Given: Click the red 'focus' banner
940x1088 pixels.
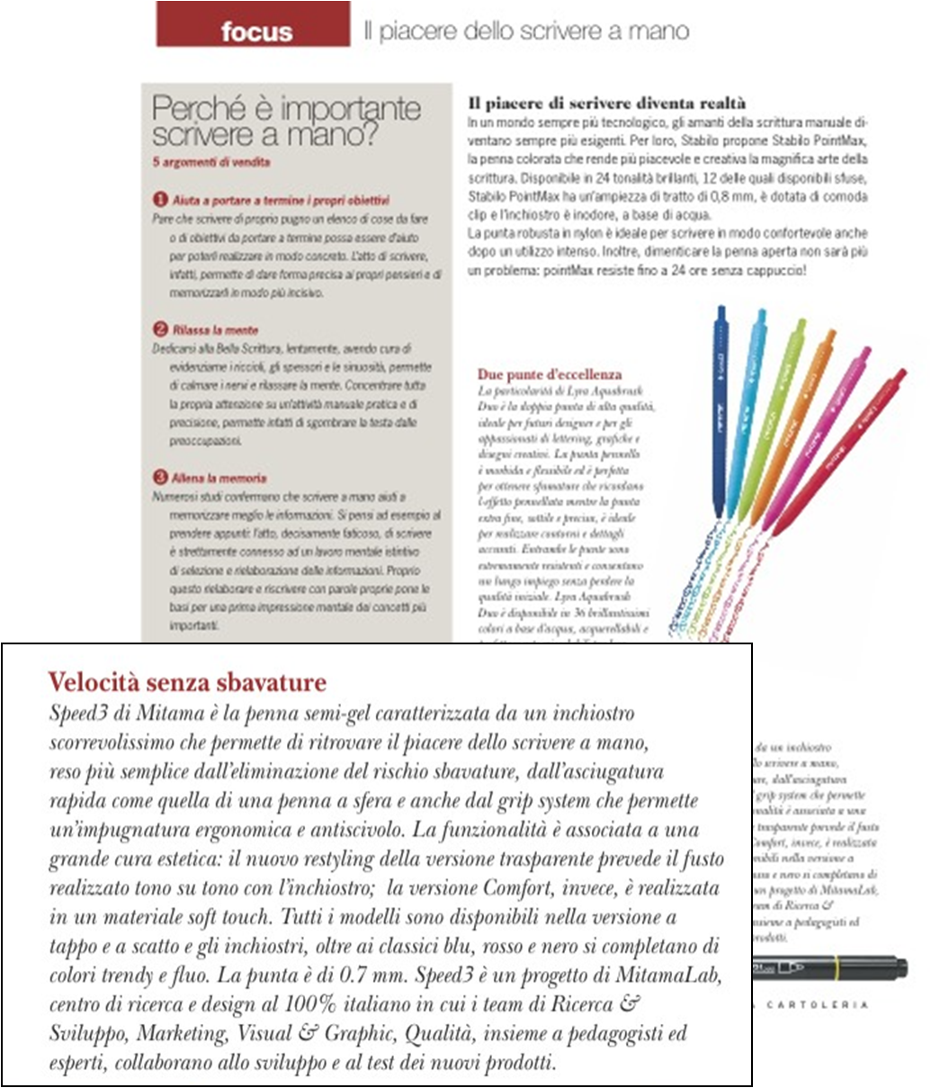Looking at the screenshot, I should click(x=253, y=27).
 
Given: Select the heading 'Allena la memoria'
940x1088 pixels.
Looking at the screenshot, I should click(x=219, y=478).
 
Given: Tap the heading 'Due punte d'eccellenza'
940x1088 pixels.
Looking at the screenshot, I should click(x=550, y=374).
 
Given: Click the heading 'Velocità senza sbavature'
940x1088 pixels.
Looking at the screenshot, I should click(x=187, y=682).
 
